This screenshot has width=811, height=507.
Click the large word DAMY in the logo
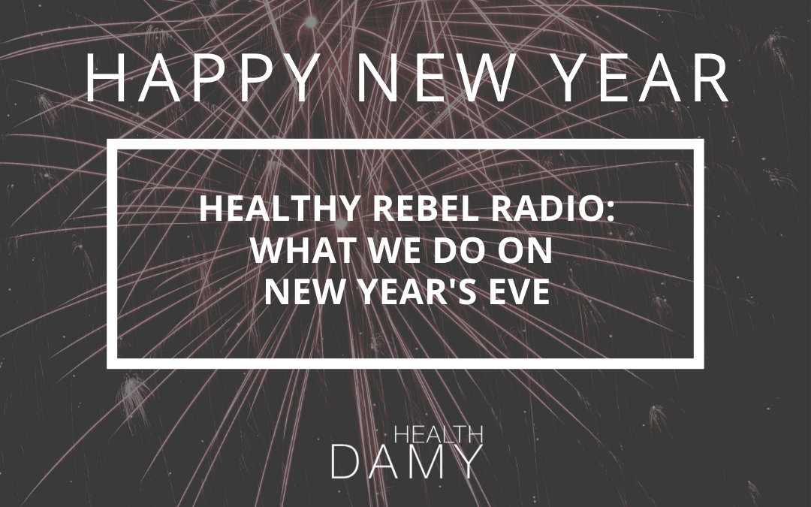405,462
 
